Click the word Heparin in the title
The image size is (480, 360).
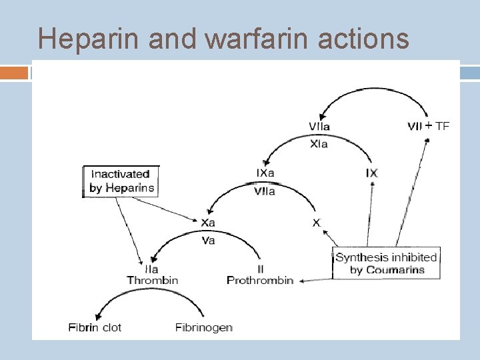90,39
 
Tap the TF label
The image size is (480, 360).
443,125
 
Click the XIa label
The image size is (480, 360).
319,144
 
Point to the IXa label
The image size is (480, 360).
265,173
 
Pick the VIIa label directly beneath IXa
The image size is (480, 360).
265,191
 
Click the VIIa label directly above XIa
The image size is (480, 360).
319,126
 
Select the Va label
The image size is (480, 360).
208,240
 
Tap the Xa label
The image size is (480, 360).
208,222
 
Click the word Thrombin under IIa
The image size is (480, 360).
153,280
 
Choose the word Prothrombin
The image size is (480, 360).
260,280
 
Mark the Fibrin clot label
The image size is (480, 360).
95,327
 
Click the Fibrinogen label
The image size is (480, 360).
204,327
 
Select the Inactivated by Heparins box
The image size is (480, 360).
122,181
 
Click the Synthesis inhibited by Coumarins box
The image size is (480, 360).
386,264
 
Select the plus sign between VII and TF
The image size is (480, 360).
429,125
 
